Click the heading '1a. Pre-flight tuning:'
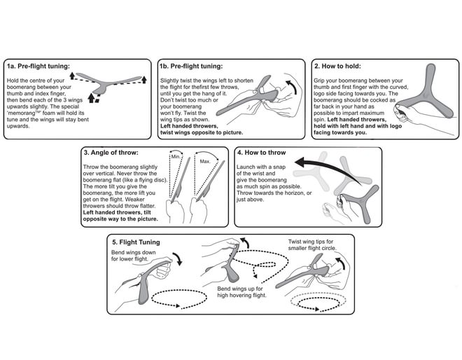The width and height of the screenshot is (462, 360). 38,67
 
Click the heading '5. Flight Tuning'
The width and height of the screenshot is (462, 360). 136,242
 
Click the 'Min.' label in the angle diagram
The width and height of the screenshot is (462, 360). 176,156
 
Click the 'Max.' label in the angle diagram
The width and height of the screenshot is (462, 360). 205,161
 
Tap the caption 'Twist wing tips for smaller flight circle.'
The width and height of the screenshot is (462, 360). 315,246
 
